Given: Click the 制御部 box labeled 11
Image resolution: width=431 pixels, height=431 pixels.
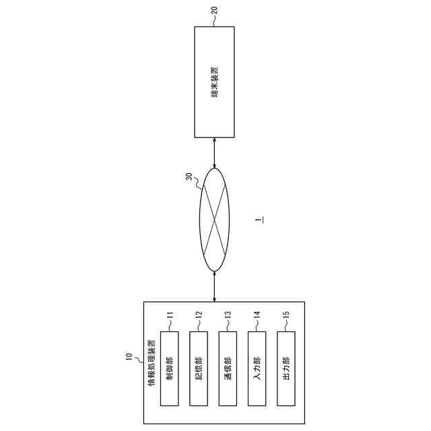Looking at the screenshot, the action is [x=170, y=368].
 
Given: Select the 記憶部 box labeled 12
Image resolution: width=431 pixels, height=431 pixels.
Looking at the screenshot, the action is [x=199, y=368].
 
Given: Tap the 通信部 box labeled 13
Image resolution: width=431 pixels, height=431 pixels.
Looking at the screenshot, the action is [x=228, y=368].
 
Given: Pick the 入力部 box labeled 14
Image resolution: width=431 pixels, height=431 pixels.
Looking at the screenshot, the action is [x=257, y=368].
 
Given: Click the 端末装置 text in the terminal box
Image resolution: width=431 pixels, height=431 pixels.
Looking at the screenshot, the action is [x=214, y=82].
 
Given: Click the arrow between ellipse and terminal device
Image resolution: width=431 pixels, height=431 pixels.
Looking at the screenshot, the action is [x=214, y=153].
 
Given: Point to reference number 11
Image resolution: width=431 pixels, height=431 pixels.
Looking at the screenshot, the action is [x=170, y=314].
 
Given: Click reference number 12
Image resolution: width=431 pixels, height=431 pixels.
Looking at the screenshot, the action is [x=199, y=314].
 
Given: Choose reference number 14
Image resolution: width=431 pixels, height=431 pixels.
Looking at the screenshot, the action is [x=257, y=314].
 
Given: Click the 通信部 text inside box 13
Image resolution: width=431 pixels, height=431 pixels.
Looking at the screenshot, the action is [x=228, y=368].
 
